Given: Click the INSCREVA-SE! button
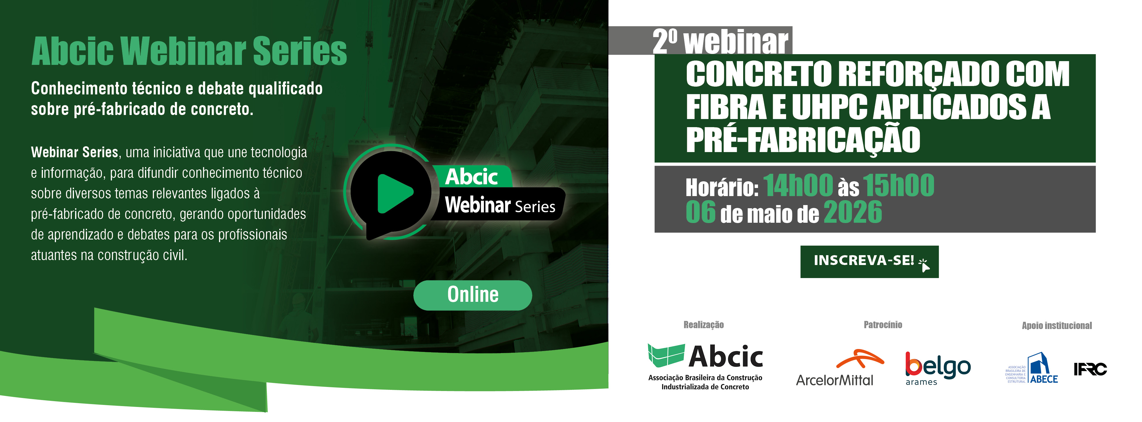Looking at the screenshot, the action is click(x=869, y=262).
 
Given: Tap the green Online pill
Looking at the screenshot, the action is click(x=473, y=295).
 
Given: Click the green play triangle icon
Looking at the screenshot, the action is click(x=394, y=193).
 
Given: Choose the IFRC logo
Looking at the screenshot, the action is click(x=1090, y=369).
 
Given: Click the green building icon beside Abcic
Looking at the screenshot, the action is click(x=666, y=356).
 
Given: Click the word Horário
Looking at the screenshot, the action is click(x=722, y=188).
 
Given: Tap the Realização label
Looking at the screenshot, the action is click(x=703, y=325).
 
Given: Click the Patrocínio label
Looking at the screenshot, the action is click(x=883, y=325).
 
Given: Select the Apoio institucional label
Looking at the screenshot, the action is click(x=1057, y=326).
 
